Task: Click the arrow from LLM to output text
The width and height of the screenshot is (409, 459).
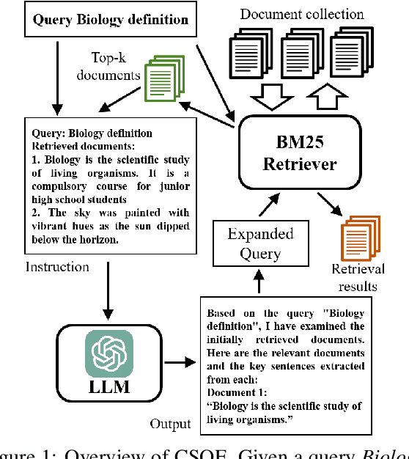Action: [x=178, y=361]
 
